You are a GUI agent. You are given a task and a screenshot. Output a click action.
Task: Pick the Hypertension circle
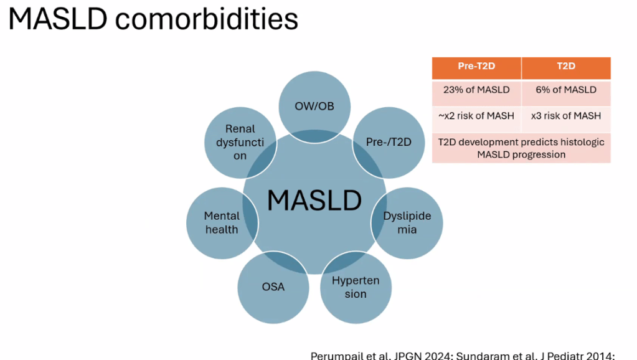[356, 287]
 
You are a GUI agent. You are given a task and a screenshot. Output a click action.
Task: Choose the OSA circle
[273, 287]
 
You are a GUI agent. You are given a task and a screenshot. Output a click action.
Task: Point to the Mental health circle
[222, 223]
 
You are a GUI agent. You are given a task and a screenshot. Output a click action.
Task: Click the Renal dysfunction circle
[240, 142]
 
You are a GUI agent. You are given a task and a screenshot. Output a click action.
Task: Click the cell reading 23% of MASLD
[476, 90]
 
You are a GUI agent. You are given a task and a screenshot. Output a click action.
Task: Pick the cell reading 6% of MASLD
[566, 90]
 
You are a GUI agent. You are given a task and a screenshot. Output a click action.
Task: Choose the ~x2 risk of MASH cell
[476, 116]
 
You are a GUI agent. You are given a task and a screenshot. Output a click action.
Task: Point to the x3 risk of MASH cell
[566, 116]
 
